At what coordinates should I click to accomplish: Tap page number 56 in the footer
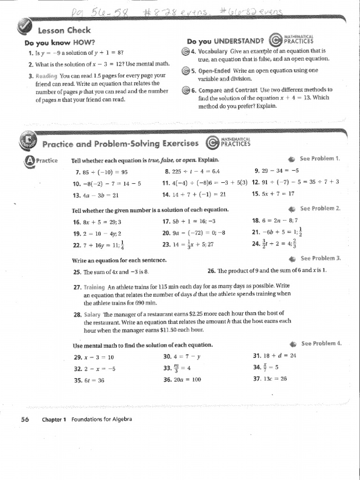click(25, 419)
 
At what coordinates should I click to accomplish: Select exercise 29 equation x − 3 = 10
click(99, 357)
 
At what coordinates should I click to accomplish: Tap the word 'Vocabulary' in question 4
click(212, 51)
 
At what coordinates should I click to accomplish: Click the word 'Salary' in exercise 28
click(92, 314)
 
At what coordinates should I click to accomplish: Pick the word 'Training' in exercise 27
click(95, 285)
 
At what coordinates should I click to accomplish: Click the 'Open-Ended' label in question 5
click(214, 71)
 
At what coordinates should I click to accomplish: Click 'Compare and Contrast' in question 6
click(228, 90)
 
